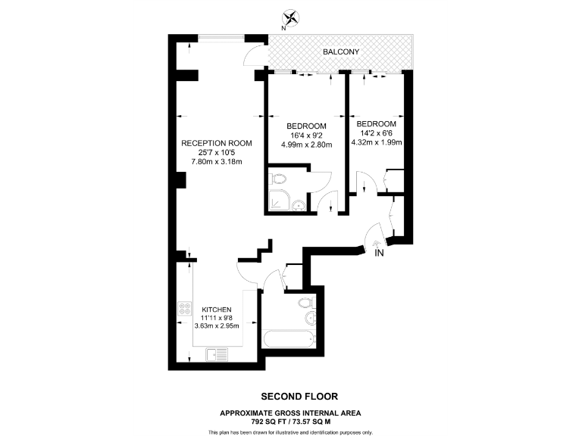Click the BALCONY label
(340, 51)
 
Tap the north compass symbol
(290, 18)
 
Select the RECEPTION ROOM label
(216, 143)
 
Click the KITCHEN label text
(216, 310)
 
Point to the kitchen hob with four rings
(184, 310)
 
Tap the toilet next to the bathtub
(305, 304)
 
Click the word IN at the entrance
(380, 254)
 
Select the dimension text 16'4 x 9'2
(306, 135)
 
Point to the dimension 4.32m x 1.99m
(377, 142)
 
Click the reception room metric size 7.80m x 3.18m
(216, 161)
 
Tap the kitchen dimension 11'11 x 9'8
(216, 318)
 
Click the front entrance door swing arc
(372, 235)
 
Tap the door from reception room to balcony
(255, 58)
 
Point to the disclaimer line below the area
(291, 431)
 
